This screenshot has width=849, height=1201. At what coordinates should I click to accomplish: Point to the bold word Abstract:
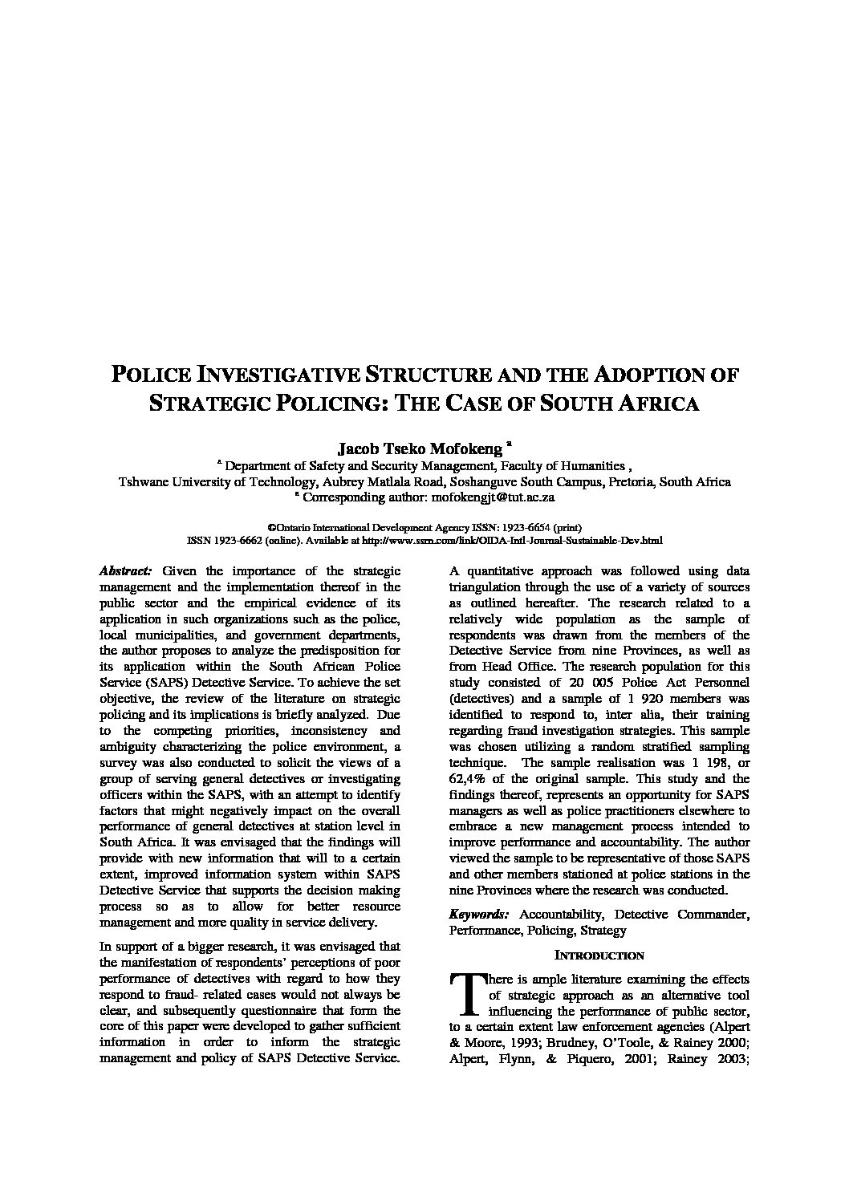pos(124,571)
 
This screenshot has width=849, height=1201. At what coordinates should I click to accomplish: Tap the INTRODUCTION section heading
pos(599,956)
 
